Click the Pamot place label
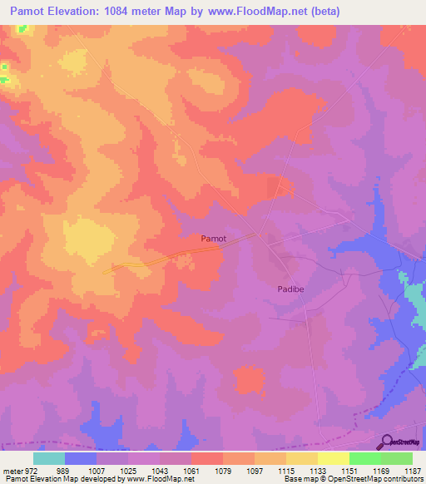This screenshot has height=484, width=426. [213, 238]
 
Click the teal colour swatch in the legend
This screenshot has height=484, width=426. [49, 458]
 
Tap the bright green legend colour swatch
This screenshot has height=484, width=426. [365, 458]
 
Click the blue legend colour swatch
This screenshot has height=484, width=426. [81, 458]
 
